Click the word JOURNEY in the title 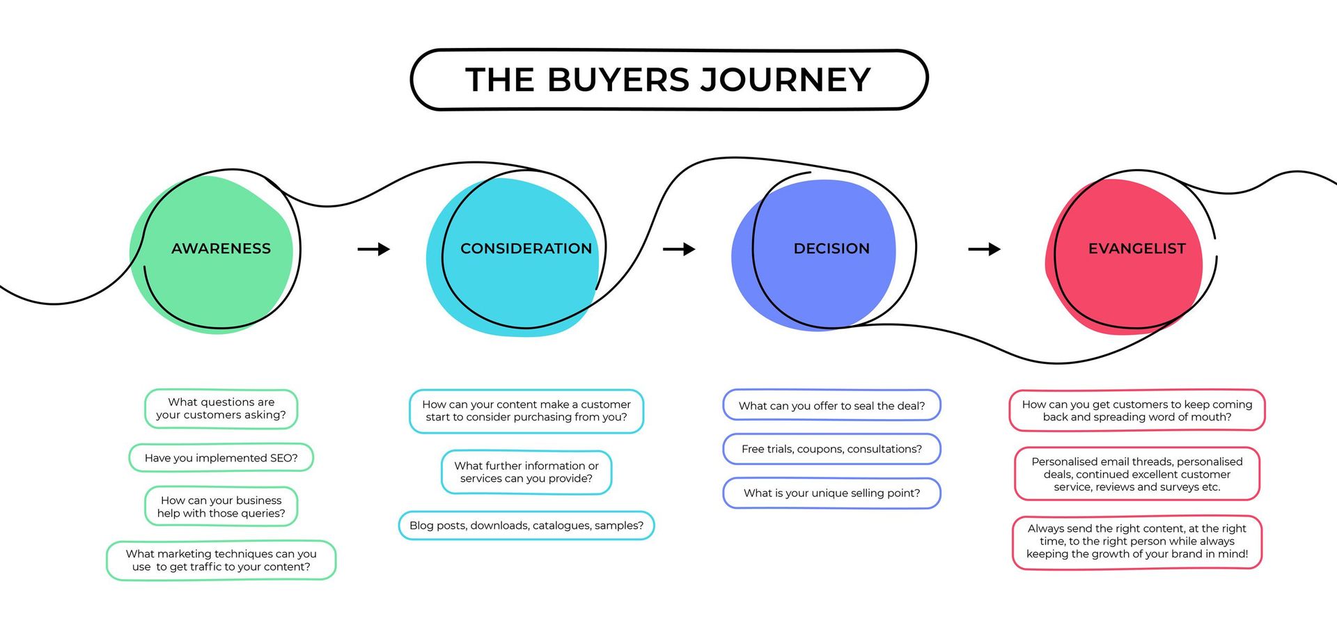point(785,79)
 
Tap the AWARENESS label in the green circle point(221,248)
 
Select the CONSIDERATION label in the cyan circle point(526,248)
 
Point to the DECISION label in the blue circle point(831,248)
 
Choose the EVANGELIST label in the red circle point(1136,248)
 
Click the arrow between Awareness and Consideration point(374,249)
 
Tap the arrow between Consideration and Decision point(679,249)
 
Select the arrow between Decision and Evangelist point(984,249)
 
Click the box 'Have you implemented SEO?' point(221,458)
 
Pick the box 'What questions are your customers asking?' point(221,409)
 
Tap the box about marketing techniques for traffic point(221,560)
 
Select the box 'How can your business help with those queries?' point(221,507)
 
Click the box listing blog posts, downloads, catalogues point(526,526)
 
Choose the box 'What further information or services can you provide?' point(526,472)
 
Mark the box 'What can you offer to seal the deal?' point(831,406)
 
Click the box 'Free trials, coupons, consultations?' point(831,449)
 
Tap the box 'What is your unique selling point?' point(831,493)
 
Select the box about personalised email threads point(1136,474)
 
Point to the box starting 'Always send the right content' point(1136,542)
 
